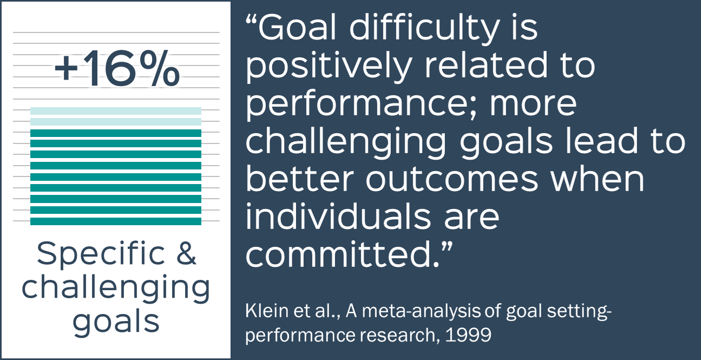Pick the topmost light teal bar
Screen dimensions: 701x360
point(116,111)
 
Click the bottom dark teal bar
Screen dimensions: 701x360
point(116,221)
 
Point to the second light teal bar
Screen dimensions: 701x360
point(116,122)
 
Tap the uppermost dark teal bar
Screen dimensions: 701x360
point(116,133)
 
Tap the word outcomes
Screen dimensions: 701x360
point(452,180)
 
